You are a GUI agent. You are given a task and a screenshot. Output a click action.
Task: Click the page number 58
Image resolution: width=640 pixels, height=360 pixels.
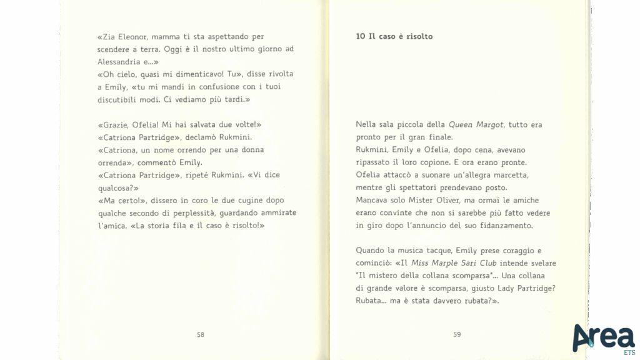tap(201, 334)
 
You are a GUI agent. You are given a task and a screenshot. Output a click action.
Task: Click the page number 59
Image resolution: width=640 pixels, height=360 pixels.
tap(457, 334)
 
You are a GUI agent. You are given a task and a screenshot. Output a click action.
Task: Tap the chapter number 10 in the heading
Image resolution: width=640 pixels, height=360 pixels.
tap(361, 36)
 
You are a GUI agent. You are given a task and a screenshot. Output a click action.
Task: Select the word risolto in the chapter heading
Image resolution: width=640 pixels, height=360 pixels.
tap(418, 36)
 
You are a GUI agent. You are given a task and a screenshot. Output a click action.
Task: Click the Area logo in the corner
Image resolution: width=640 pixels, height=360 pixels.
tap(602, 338)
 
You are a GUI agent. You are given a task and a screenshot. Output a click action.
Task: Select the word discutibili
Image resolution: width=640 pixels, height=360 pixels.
tap(121, 99)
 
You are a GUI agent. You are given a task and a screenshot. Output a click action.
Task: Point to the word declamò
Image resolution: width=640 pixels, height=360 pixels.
tap(201, 137)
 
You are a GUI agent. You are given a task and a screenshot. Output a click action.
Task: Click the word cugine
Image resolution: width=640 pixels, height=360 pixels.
tap(253, 201)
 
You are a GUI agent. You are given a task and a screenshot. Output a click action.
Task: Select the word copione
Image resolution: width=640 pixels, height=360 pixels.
tap(428, 162)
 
